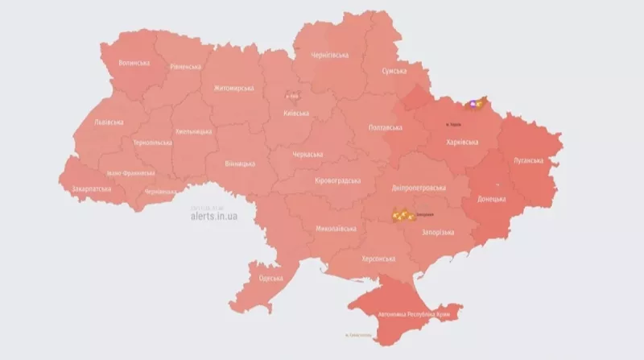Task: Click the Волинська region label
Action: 134,62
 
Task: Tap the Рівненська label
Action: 185,67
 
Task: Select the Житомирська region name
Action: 233,89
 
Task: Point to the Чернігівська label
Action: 329,55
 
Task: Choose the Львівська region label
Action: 109,122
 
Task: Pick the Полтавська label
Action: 384,128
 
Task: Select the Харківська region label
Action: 461,142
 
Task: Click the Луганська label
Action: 528,160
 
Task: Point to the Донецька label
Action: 491,198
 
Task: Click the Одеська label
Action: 271,279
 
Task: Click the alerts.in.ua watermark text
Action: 213,216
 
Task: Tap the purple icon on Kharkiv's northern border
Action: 472,103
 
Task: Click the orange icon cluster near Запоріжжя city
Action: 402,215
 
